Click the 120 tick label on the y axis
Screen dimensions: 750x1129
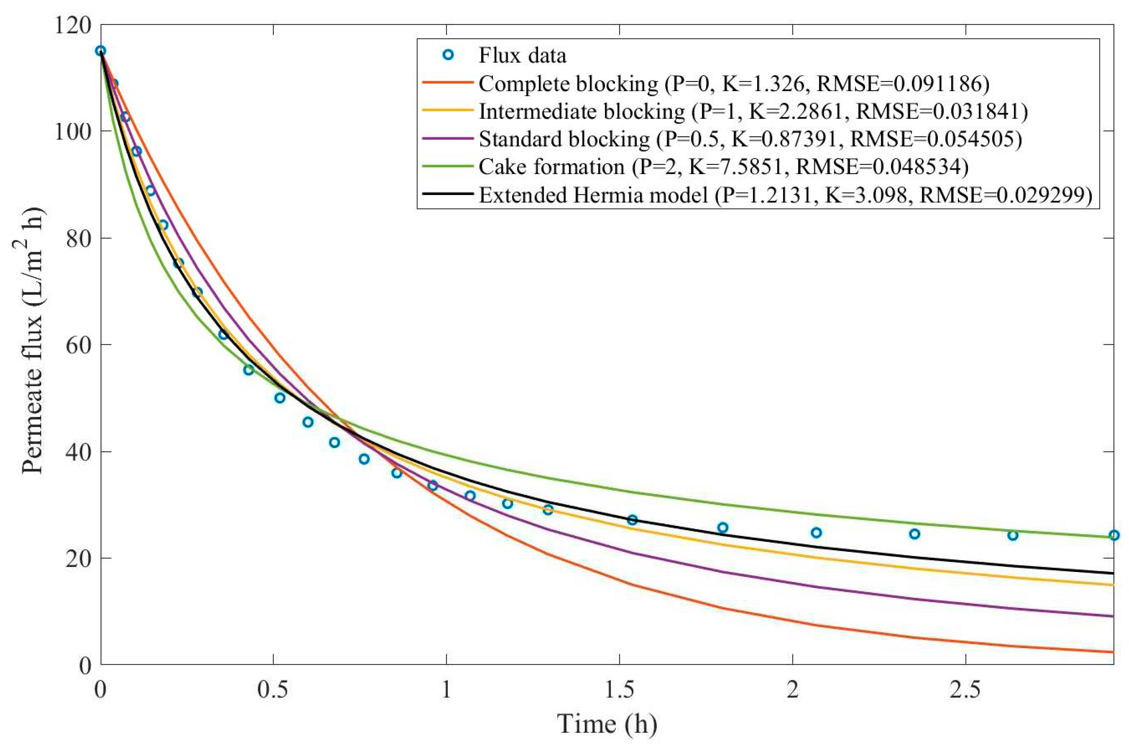click(x=72, y=25)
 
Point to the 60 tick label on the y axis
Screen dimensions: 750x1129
click(x=78, y=345)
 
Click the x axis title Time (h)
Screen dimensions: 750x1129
click(x=607, y=724)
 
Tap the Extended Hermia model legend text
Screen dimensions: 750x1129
click(x=593, y=195)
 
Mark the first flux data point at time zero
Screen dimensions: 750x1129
click(x=100, y=51)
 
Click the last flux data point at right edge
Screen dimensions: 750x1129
click(x=1114, y=535)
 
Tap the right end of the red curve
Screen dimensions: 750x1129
click(x=1112, y=652)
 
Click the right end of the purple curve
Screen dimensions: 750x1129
click(x=1112, y=616)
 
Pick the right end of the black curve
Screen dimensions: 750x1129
click(x=1112, y=573)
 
